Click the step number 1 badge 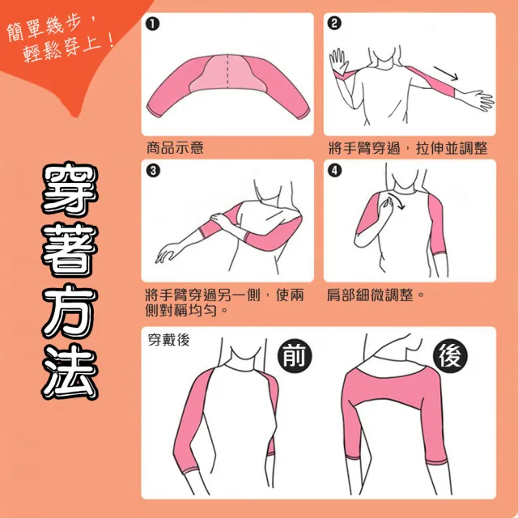[153, 24]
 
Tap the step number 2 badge [334, 23]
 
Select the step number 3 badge [153, 171]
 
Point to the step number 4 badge [334, 171]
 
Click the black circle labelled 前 [295, 356]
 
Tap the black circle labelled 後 [450, 357]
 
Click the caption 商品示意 [175, 147]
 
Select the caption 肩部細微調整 [371, 295]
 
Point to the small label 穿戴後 [169, 340]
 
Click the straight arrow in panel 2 [446, 74]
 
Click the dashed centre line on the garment [227, 71]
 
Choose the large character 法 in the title [70, 372]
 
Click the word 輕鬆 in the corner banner [41, 53]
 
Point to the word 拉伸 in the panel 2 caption [430, 148]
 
